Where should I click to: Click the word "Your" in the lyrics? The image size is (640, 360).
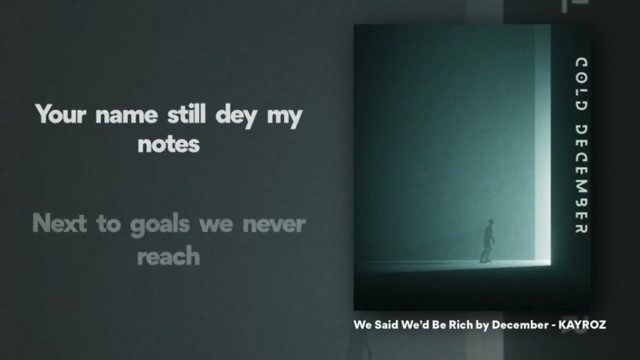[60, 113]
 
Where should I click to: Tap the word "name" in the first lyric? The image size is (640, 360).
[126, 115]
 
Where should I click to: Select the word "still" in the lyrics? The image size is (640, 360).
[186, 113]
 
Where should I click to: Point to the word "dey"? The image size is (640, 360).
[236, 115]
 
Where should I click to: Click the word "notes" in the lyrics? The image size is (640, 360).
[168, 144]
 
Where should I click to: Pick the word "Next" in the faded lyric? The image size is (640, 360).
[59, 223]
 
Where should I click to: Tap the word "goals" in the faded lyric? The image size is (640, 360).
[159, 225]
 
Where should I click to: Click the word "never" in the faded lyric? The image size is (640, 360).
[274, 225]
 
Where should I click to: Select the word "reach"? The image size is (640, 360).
[168, 255]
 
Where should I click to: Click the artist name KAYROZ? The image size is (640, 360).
[582, 325]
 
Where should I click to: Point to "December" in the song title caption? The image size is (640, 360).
[520, 325]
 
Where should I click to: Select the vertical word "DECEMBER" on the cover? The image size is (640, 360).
[581, 179]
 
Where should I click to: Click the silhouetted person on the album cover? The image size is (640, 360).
[487, 241]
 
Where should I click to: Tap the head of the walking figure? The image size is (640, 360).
[490, 222]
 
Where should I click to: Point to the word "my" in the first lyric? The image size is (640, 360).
[284, 117]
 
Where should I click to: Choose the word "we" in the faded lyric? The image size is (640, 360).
[216, 225]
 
